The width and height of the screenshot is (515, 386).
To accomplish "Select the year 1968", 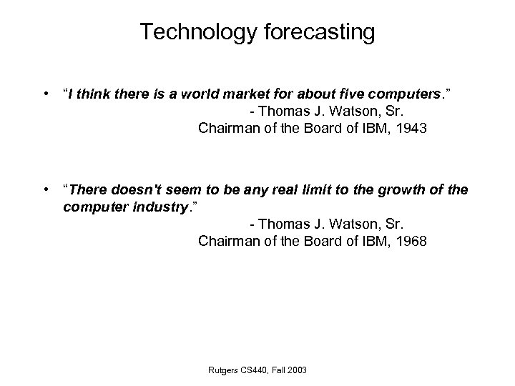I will (410, 242).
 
